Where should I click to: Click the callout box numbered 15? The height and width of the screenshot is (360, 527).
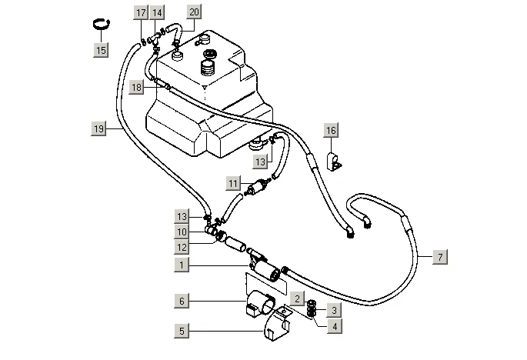[101, 51]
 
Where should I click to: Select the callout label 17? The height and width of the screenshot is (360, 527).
[141, 13]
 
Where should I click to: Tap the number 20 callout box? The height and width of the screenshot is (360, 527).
[195, 12]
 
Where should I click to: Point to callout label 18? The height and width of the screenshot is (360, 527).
[136, 88]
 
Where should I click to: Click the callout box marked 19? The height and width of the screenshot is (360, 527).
[98, 128]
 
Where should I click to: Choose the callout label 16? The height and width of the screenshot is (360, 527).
[331, 131]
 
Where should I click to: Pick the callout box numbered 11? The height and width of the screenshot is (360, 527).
[233, 184]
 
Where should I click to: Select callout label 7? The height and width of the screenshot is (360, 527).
[440, 257]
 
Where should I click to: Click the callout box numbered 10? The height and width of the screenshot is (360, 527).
[182, 232]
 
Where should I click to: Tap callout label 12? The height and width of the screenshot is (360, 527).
[182, 248]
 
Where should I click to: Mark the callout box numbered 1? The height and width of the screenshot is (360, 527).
[182, 265]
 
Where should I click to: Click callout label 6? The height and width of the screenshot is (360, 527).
[182, 301]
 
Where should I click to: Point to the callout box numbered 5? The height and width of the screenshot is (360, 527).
[182, 331]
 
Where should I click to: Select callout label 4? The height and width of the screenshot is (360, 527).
[335, 326]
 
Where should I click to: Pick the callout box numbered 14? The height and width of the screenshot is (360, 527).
[157, 13]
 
